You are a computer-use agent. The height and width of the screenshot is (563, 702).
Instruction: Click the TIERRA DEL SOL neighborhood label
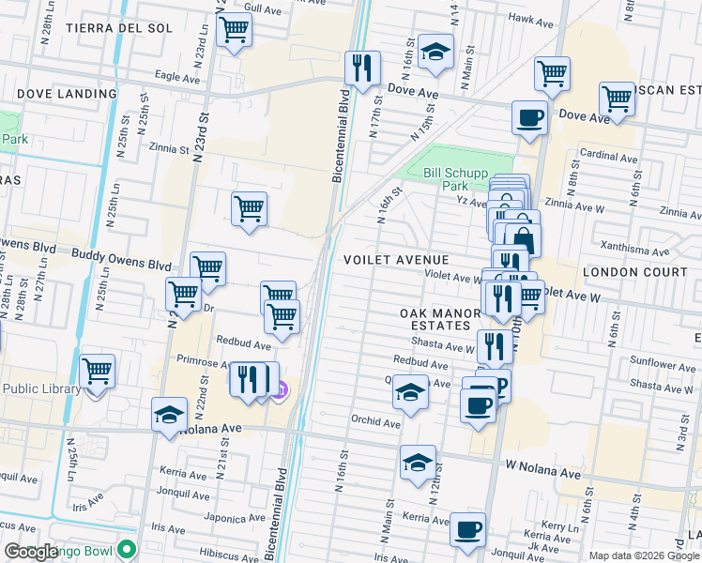tap(119, 28)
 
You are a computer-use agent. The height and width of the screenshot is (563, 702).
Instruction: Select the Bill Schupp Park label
tap(455, 179)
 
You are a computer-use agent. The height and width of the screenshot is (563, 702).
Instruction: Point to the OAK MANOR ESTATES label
tap(435, 319)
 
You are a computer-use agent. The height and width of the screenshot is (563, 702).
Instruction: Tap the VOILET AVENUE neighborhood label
tap(397, 259)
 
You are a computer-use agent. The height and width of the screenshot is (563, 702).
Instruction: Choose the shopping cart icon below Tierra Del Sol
tap(234, 29)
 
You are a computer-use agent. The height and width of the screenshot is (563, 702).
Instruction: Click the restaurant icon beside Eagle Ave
tap(361, 68)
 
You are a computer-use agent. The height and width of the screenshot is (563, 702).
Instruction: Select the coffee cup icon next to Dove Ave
tap(529, 118)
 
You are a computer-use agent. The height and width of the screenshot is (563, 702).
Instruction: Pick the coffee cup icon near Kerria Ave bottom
tap(467, 529)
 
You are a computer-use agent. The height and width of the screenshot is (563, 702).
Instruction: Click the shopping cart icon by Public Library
tap(98, 372)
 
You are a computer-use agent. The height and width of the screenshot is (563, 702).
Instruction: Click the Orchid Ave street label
tap(375, 422)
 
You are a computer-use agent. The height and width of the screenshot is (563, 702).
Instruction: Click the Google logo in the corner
tap(31, 552)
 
